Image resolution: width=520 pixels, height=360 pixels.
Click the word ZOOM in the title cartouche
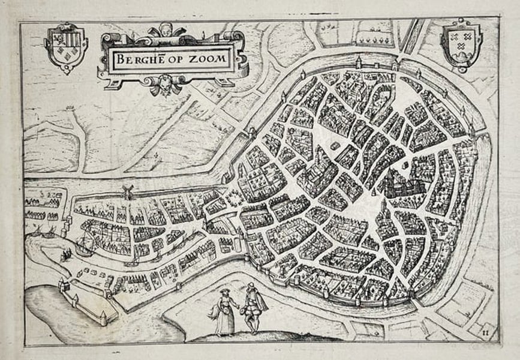tap(207, 59)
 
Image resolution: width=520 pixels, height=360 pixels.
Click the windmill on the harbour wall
tap(127, 191)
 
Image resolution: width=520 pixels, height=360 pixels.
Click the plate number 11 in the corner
tap(486, 328)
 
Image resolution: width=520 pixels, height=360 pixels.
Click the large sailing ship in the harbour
tap(85, 245)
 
